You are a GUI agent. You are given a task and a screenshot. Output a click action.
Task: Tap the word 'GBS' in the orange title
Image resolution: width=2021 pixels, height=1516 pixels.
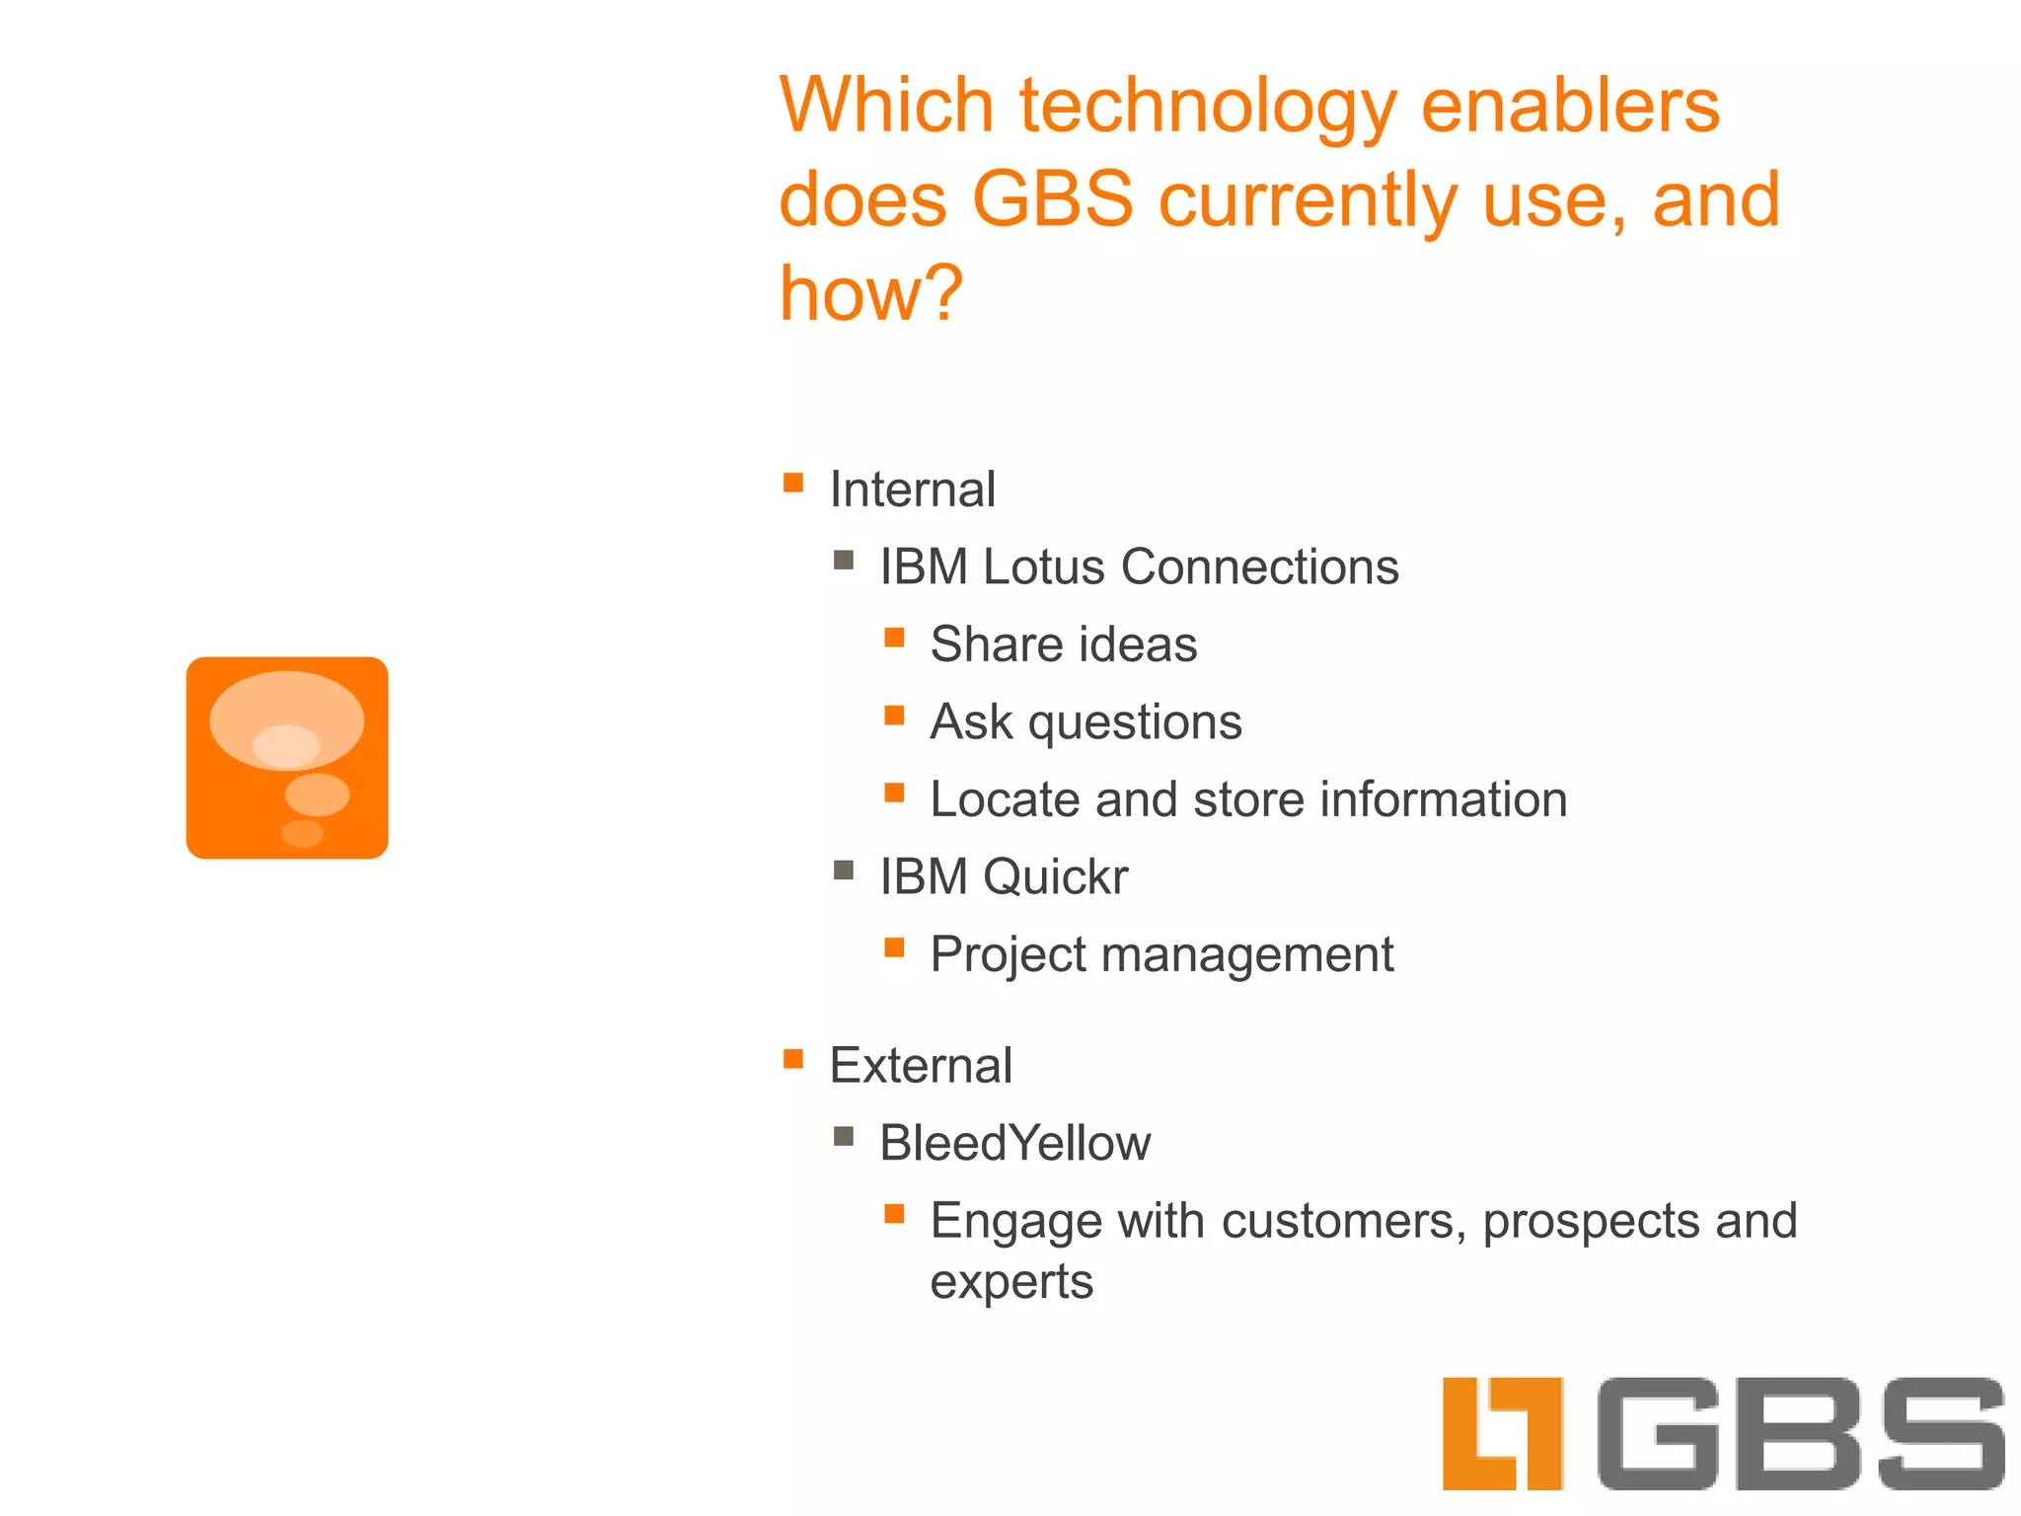tap(1054, 199)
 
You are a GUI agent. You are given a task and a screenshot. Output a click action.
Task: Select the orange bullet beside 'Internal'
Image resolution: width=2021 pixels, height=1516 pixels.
tap(793, 483)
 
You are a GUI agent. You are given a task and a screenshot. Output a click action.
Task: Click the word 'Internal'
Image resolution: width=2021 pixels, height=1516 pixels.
tap(912, 490)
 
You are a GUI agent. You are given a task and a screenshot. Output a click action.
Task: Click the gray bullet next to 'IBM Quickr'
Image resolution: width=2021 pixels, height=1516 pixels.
tap(844, 870)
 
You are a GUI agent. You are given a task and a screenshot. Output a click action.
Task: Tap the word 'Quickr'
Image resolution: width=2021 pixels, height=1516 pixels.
tap(1055, 876)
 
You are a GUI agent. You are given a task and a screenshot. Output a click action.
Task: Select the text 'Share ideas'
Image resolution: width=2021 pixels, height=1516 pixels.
tap(1064, 644)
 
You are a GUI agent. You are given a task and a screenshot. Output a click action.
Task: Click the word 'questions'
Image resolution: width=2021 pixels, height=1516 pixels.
tap(1135, 722)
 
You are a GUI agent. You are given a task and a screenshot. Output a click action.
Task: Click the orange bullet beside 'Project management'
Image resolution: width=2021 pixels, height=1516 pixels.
tap(894, 947)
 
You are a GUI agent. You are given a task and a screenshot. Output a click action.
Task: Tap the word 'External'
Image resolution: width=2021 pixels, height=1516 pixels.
tap(921, 1066)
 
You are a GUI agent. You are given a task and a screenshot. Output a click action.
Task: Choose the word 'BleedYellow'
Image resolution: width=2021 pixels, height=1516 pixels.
tap(1014, 1143)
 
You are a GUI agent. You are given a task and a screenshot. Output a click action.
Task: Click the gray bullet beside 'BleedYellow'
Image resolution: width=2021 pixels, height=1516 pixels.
tap(844, 1136)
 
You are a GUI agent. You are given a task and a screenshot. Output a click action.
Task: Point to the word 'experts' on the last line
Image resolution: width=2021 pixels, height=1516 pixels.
tap(1011, 1282)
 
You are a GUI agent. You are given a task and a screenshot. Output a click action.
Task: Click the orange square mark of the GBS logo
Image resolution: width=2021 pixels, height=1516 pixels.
tap(1502, 1433)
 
